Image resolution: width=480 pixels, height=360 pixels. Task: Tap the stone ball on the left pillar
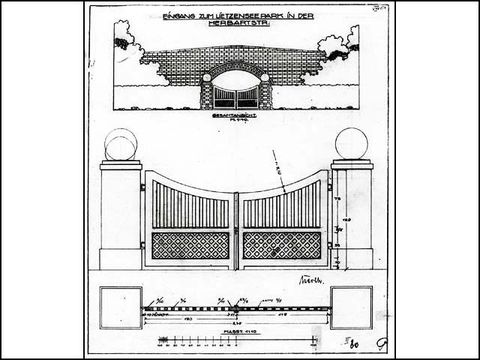coord(120,145)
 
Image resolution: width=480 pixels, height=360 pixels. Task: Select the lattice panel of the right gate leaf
coord(282,245)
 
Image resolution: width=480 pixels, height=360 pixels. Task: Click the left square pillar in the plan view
coord(120,301)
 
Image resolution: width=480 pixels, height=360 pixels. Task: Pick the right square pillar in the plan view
coord(353,301)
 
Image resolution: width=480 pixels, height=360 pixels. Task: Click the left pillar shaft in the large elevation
coord(120,215)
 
